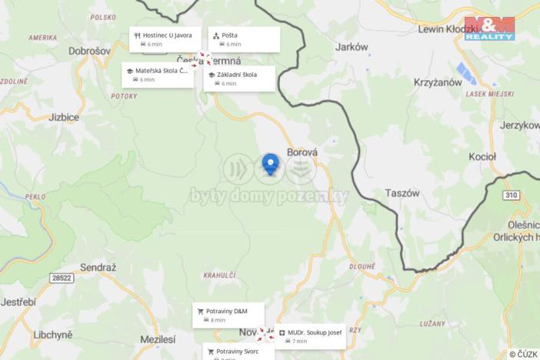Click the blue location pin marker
coord(270,164)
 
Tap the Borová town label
coord(302,152)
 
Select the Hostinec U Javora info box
coord(165,39)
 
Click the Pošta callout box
coord(244,39)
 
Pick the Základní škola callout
coord(239,78)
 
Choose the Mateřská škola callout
coord(158,75)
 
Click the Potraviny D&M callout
coord(228,315)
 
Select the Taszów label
coord(402,194)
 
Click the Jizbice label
coord(63,118)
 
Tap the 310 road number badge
coord(512,195)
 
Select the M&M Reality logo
coord(489,28)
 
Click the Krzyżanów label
coord(438,82)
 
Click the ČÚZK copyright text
coord(523,354)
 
